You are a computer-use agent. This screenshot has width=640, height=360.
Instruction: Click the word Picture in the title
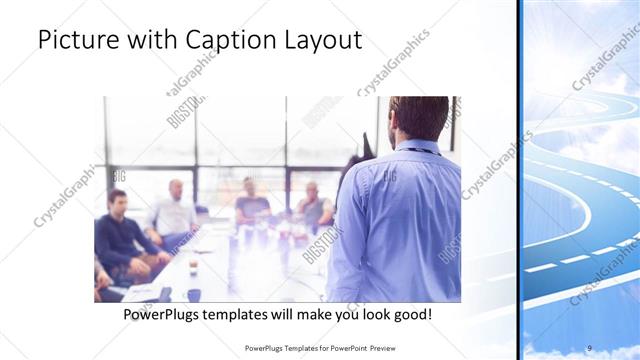click(x=78, y=41)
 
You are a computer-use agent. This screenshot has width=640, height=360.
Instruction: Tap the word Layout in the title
click(x=322, y=41)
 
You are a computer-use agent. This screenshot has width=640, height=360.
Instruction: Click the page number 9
click(x=589, y=347)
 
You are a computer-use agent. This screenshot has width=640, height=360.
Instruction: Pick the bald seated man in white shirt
click(x=174, y=210)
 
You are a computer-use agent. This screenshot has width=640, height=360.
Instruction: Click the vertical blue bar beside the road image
click(x=520, y=180)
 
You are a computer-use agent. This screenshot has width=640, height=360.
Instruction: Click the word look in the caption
click(x=364, y=313)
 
